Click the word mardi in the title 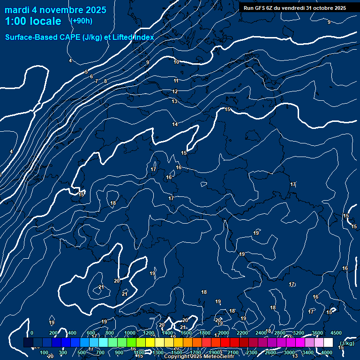(x=17, y=10)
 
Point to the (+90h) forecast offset (x=81, y=21)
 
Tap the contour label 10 (x=176, y=62)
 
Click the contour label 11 (x=176, y=81)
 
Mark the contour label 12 (x=175, y=91)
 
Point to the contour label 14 (x=175, y=124)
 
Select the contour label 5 (x=86, y=72)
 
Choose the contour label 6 (x=91, y=76)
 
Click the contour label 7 (x=97, y=81)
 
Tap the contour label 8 (x=105, y=81)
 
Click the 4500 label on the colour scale (x=336, y=333)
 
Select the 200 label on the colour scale (x=53, y=333)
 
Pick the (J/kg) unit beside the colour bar (x=346, y=343)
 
